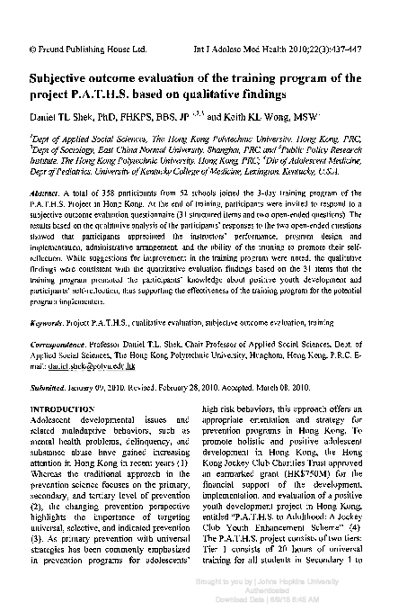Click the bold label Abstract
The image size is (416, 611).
[x=45, y=193]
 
